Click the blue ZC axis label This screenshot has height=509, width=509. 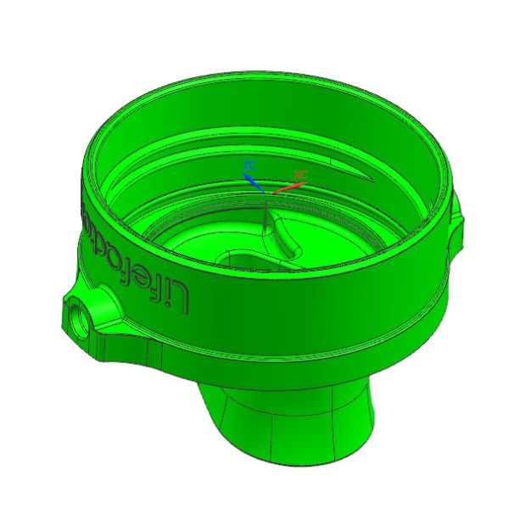[x=249, y=164]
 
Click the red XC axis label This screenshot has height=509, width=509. [x=299, y=174]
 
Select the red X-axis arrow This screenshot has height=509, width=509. [x=284, y=184]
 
